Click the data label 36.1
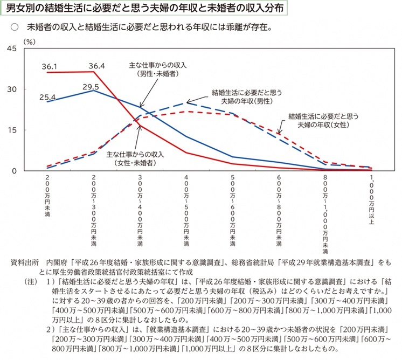(49, 66)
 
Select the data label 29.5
(91, 86)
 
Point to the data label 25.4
(48, 97)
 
